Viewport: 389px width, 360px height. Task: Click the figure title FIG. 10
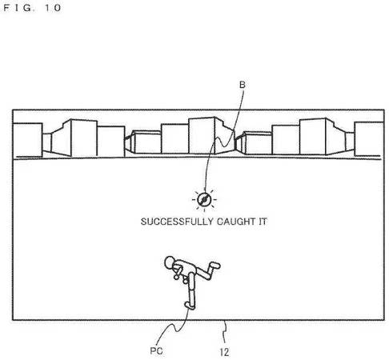32,8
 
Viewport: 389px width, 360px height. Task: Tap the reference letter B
242,85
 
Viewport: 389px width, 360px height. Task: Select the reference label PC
156,350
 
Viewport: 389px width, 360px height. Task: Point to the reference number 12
224,352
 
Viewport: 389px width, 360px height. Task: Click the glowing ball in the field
204,199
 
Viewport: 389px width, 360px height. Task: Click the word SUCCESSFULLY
177,222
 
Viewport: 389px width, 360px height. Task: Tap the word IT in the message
263,222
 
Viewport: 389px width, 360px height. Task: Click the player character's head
170,262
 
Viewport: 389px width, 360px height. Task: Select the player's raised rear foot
215,265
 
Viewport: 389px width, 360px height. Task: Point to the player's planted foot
190,305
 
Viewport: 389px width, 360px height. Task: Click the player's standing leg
192,290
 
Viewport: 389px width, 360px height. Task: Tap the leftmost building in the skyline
28,140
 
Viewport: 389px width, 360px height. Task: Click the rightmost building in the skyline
369,138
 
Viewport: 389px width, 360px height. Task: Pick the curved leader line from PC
174,327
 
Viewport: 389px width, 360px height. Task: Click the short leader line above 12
226,331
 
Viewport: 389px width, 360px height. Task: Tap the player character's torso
186,268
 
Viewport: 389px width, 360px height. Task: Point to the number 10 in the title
53,8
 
